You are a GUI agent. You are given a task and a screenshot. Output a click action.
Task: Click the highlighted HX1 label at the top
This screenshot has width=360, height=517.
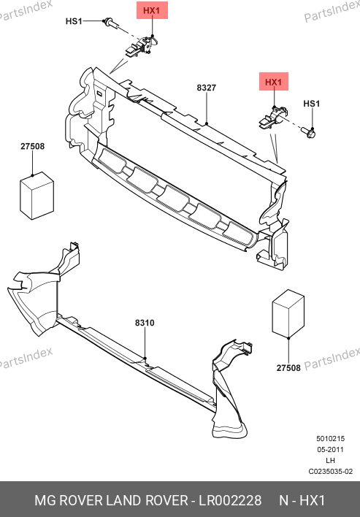152,10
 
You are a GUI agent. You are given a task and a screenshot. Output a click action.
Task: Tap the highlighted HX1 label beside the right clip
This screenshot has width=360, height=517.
274,82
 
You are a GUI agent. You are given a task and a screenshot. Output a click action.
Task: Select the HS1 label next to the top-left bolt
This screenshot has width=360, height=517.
74,21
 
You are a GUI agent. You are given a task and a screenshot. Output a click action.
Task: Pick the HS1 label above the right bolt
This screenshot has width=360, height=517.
312,104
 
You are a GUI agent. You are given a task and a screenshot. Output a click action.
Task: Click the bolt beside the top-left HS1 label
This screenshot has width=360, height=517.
111,24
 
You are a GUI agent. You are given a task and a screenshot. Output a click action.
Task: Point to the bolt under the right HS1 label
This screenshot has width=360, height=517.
308,133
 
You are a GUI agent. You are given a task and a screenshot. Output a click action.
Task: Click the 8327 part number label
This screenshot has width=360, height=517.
207,88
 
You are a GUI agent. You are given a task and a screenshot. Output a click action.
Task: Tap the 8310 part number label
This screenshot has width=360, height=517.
145,323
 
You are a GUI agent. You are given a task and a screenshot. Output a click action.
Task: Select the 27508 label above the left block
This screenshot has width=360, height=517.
32,146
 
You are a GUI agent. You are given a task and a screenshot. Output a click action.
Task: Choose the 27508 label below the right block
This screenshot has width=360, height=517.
288,367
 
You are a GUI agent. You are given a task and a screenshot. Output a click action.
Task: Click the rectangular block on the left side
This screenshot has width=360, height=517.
37,196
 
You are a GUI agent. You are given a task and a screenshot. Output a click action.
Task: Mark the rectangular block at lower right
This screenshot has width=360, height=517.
288,313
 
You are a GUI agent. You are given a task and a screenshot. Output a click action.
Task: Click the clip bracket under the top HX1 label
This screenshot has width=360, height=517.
141,47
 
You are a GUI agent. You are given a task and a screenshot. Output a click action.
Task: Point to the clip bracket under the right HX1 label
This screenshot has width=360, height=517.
272,118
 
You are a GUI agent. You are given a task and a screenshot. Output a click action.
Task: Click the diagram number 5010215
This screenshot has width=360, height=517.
330,439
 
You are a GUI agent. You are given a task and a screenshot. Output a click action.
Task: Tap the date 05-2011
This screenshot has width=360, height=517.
330,449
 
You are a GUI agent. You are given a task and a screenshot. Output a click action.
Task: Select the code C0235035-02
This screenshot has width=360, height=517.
330,472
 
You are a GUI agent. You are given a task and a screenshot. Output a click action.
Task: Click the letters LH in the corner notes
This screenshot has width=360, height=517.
330,460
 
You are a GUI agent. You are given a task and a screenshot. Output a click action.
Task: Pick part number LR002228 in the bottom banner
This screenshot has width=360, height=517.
230,500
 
